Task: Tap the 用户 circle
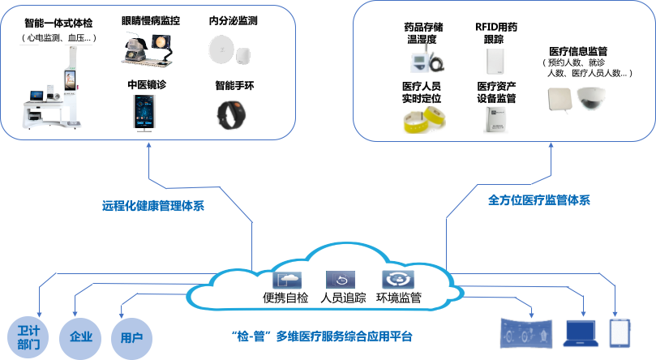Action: tap(131, 336)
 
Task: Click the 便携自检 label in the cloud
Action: tap(285, 298)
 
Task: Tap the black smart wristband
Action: tap(233, 115)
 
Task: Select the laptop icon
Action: tap(580, 332)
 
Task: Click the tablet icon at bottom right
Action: tap(620, 332)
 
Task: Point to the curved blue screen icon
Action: tap(527, 334)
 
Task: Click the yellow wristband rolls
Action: tap(423, 120)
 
